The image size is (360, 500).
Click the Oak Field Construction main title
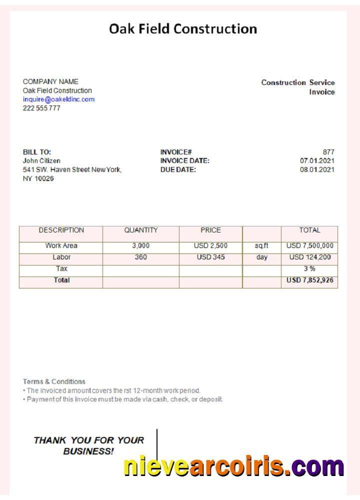pyautogui.click(x=183, y=29)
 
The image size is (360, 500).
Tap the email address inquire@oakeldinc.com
pyautogui.click(x=58, y=99)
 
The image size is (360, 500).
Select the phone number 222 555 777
pyautogui.click(x=41, y=108)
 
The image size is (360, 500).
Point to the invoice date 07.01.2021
pyautogui.click(x=317, y=161)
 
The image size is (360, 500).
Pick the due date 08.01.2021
pyautogui.click(x=317, y=170)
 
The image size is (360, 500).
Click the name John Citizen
pyautogui.click(x=41, y=161)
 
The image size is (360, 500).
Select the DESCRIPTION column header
pyautogui.click(x=61, y=230)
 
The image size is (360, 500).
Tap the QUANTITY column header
pyautogui.click(x=141, y=230)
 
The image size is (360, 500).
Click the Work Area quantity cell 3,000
pyautogui.click(x=141, y=246)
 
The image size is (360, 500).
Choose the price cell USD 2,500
pyautogui.click(x=210, y=246)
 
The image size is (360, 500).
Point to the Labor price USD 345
pyautogui.click(x=210, y=257)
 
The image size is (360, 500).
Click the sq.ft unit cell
pyautogui.click(x=261, y=246)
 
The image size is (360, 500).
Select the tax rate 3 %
pyautogui.click(x=309, y=269)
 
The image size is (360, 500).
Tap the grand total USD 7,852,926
pyautogui.click(x=309, y=280)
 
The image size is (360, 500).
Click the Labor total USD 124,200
pyautogui.click(x=309, y=257)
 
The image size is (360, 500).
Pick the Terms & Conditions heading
pyautogui.click(x=54, y=381)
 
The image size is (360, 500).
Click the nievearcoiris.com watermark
pyautogui.click(x=233, y=466)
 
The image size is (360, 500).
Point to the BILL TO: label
pyautogui.click(x=37, y=152)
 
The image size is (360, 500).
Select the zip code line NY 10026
pyautogui.click(x=38, y=179)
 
